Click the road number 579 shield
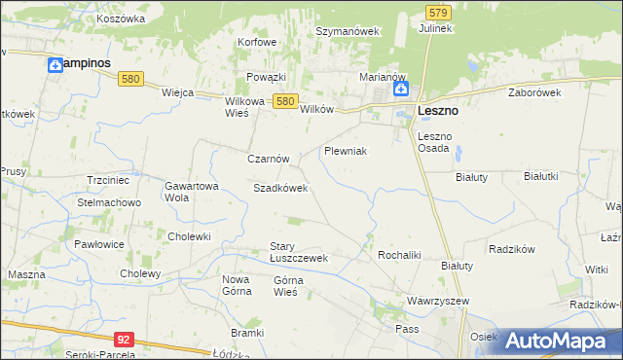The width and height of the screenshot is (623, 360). point(438,12)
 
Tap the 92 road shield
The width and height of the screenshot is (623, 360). point(123,339)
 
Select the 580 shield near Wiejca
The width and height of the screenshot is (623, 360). point(133,79)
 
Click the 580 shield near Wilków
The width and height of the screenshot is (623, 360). point(284,100)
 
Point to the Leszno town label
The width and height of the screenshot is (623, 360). point(438,111)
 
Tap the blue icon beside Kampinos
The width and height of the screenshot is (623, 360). point(55,64)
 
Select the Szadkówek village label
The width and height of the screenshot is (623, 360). point(280,188)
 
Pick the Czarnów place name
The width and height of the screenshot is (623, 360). point(268,158)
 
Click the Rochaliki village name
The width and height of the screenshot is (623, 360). point(398,254)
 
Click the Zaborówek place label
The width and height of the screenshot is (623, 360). point(535,92)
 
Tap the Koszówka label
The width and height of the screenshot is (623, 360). point(122,18)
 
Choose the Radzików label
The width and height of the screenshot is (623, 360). point(514,249)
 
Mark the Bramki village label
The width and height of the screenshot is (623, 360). point(248,333)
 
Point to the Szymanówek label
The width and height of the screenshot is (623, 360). point(348,31)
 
